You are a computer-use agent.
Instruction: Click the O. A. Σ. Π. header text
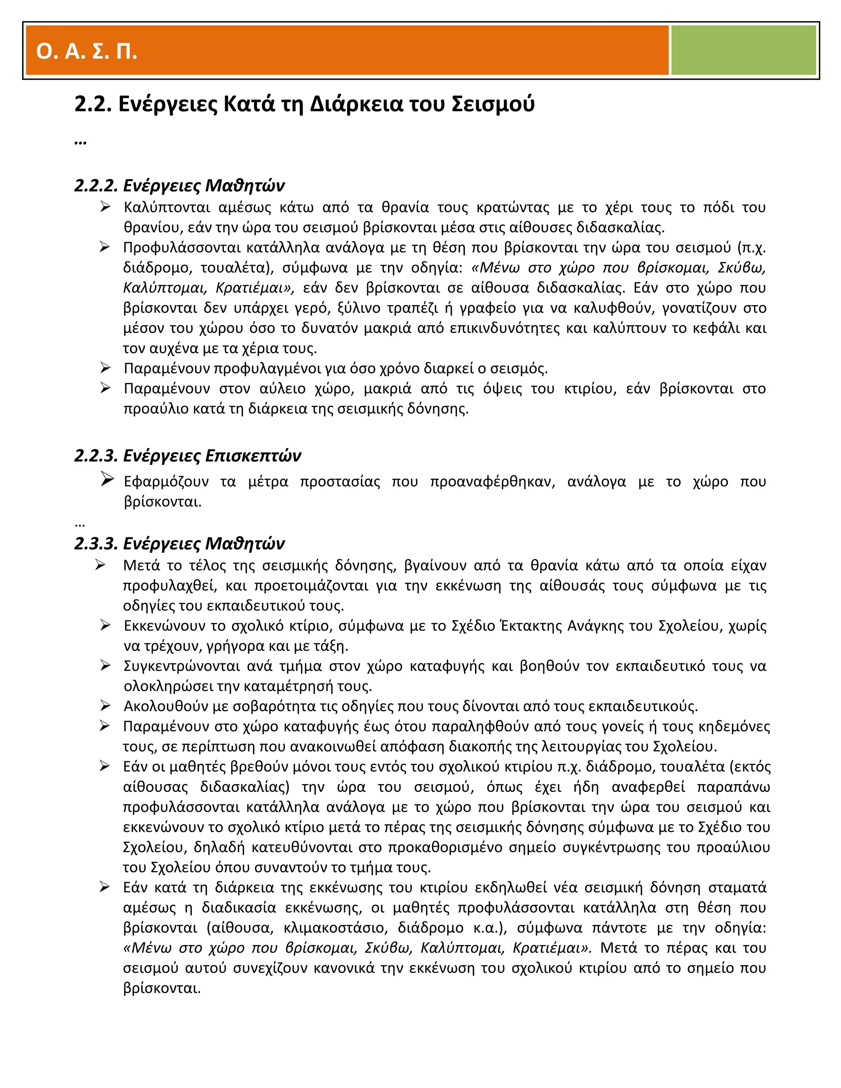coord(87,51)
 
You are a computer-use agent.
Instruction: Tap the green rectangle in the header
coord(743,50)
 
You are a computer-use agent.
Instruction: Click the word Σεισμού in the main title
coord(493,104)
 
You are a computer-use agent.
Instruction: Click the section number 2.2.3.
coord(96,455)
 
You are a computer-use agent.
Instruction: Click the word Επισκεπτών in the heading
coord(253,455)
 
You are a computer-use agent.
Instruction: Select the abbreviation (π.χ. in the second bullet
coord(751,248)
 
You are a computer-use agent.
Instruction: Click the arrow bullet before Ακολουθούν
coord(105,705)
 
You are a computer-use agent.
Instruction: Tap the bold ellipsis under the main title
coord(80,142)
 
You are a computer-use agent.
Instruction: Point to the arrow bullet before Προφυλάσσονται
coord(105,247)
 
